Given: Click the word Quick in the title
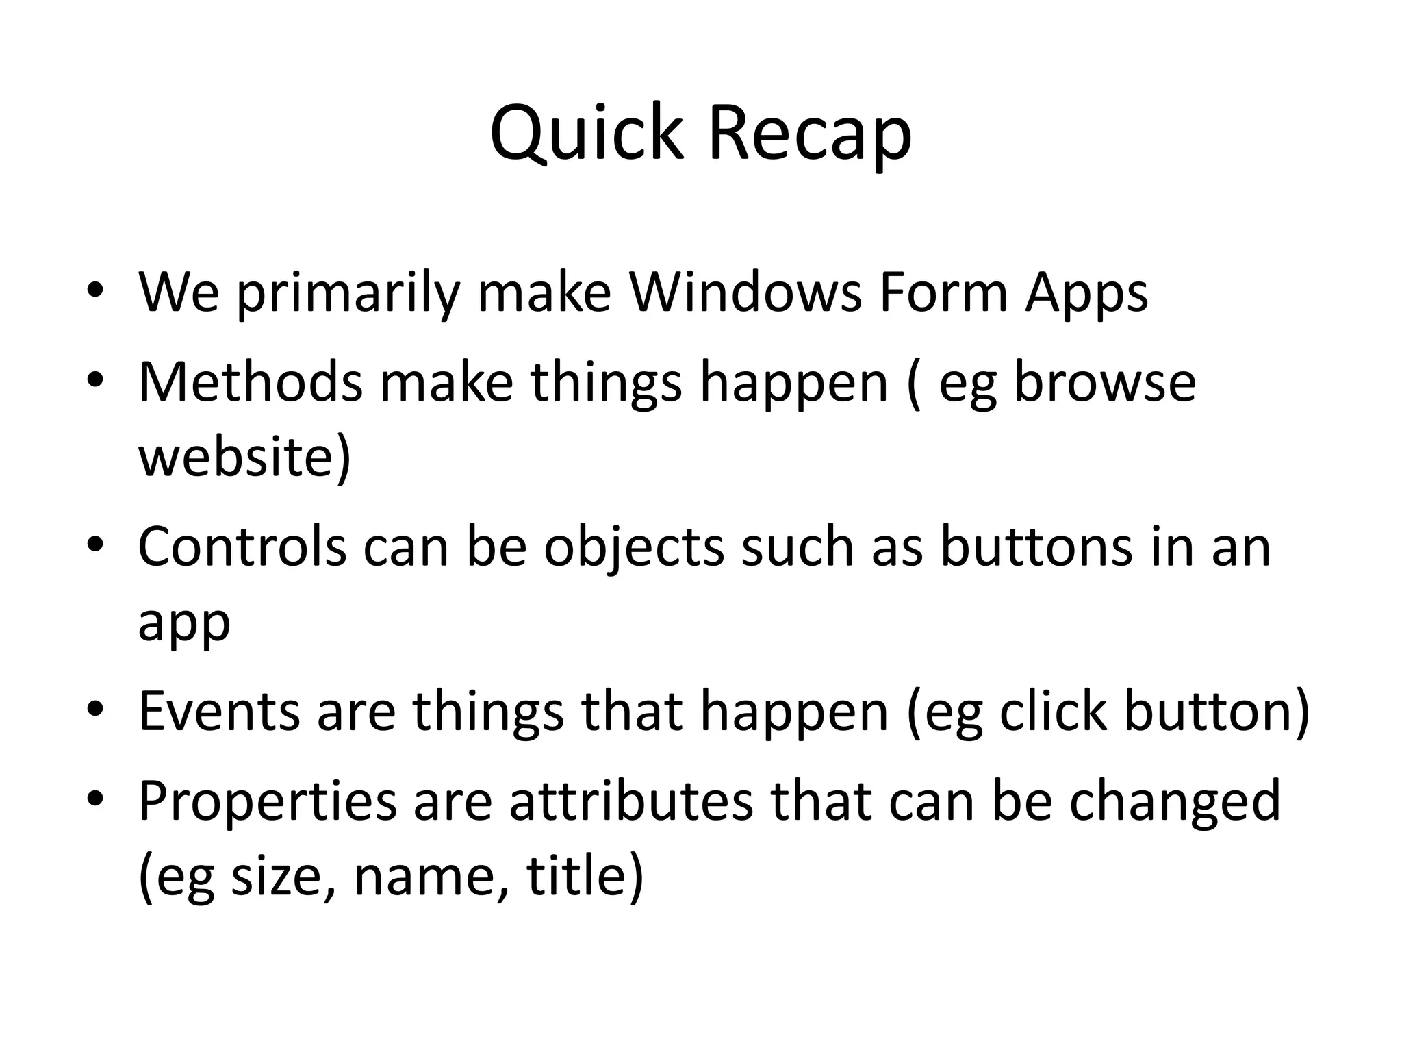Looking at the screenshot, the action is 587,134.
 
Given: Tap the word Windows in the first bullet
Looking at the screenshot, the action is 745,293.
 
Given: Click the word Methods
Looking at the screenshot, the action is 250,382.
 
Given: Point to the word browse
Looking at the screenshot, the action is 1104,382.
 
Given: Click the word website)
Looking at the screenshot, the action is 244,458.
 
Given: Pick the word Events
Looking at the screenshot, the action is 219,712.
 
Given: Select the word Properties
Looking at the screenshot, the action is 267,801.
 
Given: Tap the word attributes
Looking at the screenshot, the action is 630,801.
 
